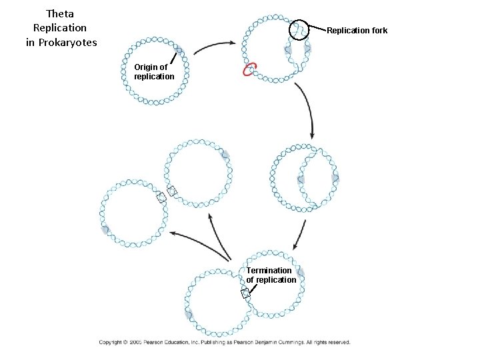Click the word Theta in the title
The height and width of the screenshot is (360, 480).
(60, 13)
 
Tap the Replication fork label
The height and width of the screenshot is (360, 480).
(357, 31)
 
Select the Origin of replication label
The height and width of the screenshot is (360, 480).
(153, 71)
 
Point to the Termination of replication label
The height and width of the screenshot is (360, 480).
(271, 275)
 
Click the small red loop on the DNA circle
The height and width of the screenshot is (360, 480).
(251, 69)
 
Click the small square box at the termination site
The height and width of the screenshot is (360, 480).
(245, 293)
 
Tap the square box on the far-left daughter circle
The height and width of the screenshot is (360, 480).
(161, 197)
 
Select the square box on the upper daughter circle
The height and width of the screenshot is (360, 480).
(172, 191)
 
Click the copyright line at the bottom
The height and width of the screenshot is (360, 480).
(224, 342)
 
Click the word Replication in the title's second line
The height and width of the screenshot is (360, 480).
(60, 28)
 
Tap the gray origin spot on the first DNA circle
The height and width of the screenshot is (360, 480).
(179, 49)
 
